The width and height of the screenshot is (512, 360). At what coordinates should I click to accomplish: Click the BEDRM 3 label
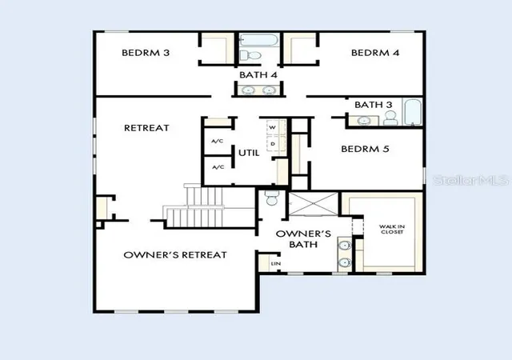pos(146,53)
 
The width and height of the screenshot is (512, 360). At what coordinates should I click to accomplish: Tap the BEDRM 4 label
pos(375,53)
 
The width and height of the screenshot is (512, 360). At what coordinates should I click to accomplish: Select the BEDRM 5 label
pos(365,149)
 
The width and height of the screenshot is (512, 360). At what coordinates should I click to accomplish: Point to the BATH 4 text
pos(258,75)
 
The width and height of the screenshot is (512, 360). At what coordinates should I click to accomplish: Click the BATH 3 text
pos(374,105)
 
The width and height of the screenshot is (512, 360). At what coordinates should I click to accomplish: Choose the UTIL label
pos(249,153)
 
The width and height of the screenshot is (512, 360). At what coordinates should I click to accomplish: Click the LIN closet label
pos(275,263)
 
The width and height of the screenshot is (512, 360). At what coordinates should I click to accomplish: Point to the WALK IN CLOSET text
pos(392,229)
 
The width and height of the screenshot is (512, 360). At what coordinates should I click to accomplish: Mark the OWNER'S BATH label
pos(303,239)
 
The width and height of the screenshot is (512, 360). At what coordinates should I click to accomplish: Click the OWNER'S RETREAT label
pos(175,255)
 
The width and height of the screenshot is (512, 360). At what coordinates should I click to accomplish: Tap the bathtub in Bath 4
pos(259,40)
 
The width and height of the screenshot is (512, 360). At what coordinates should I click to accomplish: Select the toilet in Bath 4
pos(250,55)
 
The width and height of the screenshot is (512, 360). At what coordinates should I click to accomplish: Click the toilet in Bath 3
pos(390,118)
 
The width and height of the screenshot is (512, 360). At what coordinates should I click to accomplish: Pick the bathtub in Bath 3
pos(413,112)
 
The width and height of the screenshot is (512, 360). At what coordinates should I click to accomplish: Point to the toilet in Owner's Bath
pos(272,198)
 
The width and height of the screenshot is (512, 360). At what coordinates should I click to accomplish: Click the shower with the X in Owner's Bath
pos(314,204)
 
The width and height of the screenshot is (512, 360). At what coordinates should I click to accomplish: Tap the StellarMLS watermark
pos(471,180)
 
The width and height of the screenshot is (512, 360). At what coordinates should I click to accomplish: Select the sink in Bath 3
pos(363,121)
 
